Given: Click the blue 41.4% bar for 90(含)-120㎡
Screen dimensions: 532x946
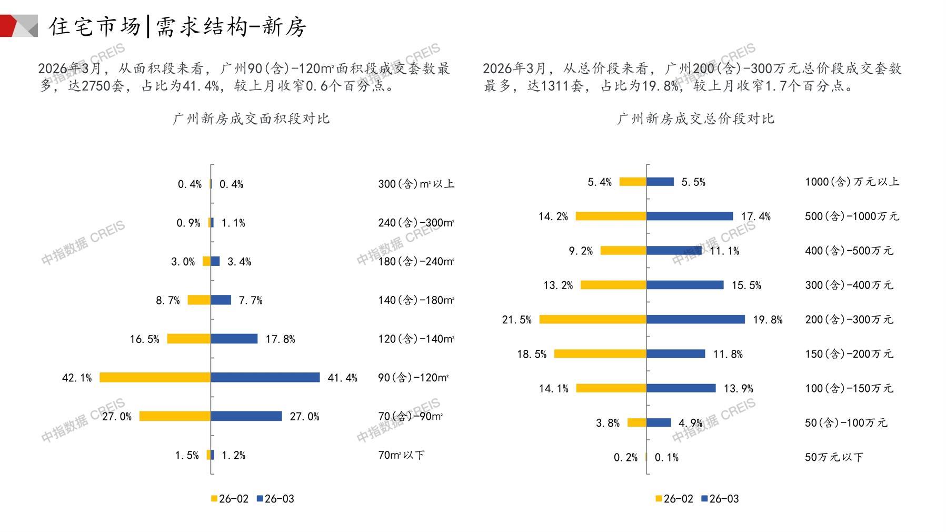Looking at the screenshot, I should click(265, 378).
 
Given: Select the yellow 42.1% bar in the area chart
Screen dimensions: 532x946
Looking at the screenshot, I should click(155, 378).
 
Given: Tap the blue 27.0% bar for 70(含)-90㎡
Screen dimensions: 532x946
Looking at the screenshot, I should click(246, 416).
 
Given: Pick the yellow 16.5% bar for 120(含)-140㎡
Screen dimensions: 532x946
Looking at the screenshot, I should click(188, 339).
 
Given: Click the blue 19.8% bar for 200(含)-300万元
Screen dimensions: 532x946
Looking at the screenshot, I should click(695, 319).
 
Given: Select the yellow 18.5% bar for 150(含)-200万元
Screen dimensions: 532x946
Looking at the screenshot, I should click(600, 354).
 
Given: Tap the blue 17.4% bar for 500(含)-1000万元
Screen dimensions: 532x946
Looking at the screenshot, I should click(690, 216).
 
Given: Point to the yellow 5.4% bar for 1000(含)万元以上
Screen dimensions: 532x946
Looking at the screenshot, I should click(633, 182).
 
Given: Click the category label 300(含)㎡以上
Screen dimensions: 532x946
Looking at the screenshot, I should click(416, 184).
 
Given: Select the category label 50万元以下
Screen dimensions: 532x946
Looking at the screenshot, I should click(834, 457).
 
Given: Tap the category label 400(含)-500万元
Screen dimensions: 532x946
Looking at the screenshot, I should click(849, 251).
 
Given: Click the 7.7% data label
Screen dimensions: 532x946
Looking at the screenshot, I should click(251, 300).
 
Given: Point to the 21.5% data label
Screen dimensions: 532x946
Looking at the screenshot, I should click(516, 320).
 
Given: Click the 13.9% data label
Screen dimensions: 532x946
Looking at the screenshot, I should click(738, 389).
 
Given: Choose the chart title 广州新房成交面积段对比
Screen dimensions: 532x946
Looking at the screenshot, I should click(251, 119).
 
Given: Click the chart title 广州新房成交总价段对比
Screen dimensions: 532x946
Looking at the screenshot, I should click(695, 119).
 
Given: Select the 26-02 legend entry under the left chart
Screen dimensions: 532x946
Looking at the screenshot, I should click(230, 499).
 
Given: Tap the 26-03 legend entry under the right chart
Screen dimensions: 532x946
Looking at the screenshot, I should click(720, 499).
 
